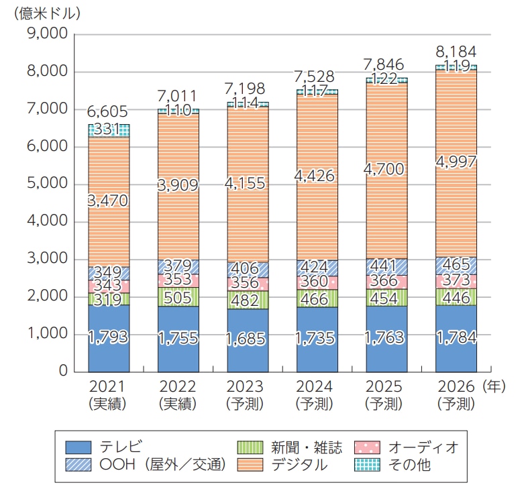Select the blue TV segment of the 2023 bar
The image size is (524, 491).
(x=248, y=342)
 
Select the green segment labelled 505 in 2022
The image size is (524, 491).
(x=178, y=296)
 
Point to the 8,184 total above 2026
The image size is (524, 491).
(x=456, y=52)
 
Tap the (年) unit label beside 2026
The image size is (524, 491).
(x=494, y=386)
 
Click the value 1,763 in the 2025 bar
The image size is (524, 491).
(x=386, y=338)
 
